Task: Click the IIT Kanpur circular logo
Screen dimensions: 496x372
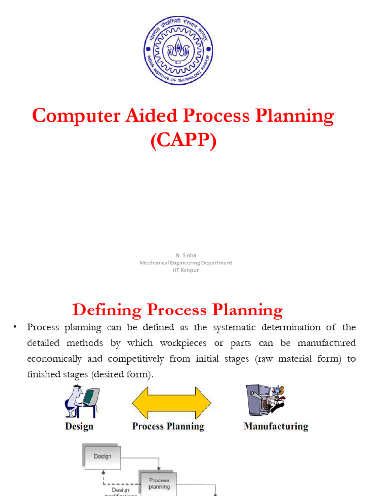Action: point(178,51)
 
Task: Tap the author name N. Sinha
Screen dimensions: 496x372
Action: point(186,255)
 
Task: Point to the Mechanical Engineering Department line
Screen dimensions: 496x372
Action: point(186,263)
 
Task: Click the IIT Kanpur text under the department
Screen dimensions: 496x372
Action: point(186,270)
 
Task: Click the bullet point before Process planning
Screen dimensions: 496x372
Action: point(15,328)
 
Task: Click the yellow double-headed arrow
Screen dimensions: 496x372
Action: point(171,403)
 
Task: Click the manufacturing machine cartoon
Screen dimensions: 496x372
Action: point(264,399)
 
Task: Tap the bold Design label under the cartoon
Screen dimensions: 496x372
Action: point(79,426)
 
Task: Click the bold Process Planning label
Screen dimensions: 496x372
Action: point(168,426)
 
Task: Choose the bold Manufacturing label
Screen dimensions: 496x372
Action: point(276,426)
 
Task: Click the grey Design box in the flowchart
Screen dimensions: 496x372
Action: point(102,456)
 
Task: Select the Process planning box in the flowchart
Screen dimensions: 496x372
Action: point(158,483)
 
